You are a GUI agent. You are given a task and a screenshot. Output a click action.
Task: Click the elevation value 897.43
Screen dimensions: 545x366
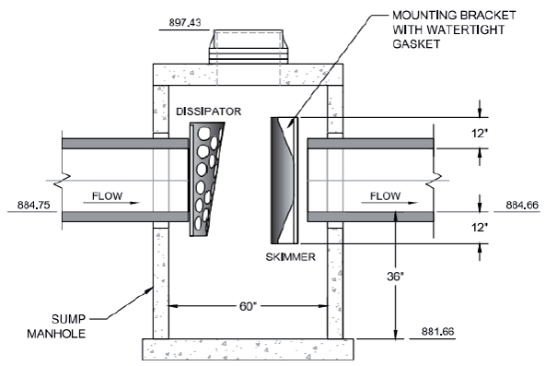pos(185,23)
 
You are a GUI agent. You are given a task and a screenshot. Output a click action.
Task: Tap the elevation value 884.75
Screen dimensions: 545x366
pos(34,205)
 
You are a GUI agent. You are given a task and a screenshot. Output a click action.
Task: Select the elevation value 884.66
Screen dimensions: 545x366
pos(522,205)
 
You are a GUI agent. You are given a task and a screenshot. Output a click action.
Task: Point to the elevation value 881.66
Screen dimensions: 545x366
pos(437,331)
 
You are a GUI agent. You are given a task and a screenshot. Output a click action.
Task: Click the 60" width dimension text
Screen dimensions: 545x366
pos(248,306)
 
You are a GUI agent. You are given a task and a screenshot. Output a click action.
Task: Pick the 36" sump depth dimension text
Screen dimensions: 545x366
pos(395,277)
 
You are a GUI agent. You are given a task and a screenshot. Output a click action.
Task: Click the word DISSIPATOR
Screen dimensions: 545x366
pos(209,112)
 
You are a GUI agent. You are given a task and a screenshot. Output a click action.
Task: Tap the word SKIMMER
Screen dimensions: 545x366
pos(291,257)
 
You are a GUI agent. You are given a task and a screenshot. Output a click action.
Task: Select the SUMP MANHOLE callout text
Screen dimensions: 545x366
pos(56,326)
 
